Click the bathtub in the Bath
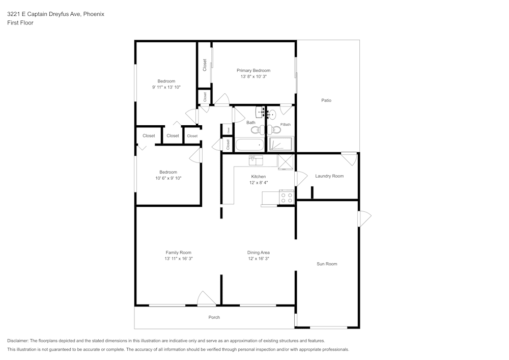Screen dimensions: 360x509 pyautogui.click(x=249, y=145)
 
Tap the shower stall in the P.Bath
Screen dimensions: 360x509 pyautogui.click(x=281, y=144)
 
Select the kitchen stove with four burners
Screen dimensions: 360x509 pyautogui.click(x=287, y=198)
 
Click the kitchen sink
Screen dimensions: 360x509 pyautogui.click(x=256, y=161)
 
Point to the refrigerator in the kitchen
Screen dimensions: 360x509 pyautogui.click(x=286, y=162)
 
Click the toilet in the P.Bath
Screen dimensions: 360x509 pyautogui.click(x=276, y=129)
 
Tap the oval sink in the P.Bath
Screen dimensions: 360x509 pyautogui.click(x=272, y=115)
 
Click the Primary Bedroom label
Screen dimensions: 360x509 pyautogui.click(x=253, y=70)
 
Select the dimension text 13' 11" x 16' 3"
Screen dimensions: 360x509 pyautogui.click(x=178, y=259)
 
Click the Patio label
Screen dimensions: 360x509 pyautogui.click(x=326, y=100)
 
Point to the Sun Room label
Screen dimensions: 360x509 pyautogui.click(x=327, y=264)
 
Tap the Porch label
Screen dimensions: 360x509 pyautogui.click(x=214, y=317)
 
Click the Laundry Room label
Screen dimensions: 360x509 pyautogui.click(x=329, y=176)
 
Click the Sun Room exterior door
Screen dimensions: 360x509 pyautogui.click(x=364, y=219)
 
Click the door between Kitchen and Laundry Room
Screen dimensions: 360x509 pyautogui.click(x=301, y=179)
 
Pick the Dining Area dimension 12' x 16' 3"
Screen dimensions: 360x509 pyautogui.click(x=258, y=259)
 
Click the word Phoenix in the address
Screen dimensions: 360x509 pyautogui.click(x=94, y=14)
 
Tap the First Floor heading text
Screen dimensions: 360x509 pyautogui.click(x=20, y=23)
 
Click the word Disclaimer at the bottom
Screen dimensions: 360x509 pyautogui.click(x=18, y=341)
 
